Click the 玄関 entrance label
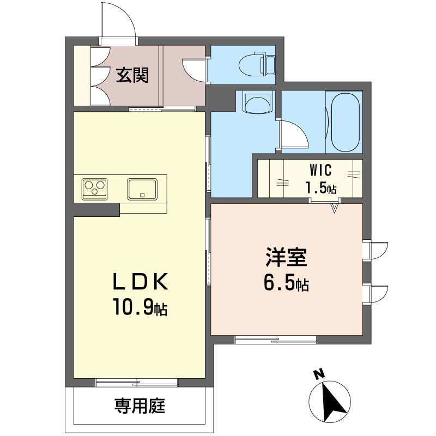pyautogui.click(x=132, y=75)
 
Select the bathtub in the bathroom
pyautogui.click(x=346, y=122)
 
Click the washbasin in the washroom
pyautogui.click(x=257, y=102)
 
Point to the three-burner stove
pyautogui.click(x=94, y=189)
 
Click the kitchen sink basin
pyautogui.click(x=142, y=189)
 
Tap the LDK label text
pyautogui.click(x=141, y=281)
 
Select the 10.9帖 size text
pyautogui.click(x=140, y=306)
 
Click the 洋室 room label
pyautogui.click(x=286, y=257)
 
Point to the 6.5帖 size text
pyautogui.click(x=286, y=283)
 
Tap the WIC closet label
pyautogui.click(x=321, y=170)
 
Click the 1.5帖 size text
pyautogui.click(x=321, y=187)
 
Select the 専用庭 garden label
pyautogui.click(x=140, y=405)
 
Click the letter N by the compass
pyautogui.click(x=319, y=374)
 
